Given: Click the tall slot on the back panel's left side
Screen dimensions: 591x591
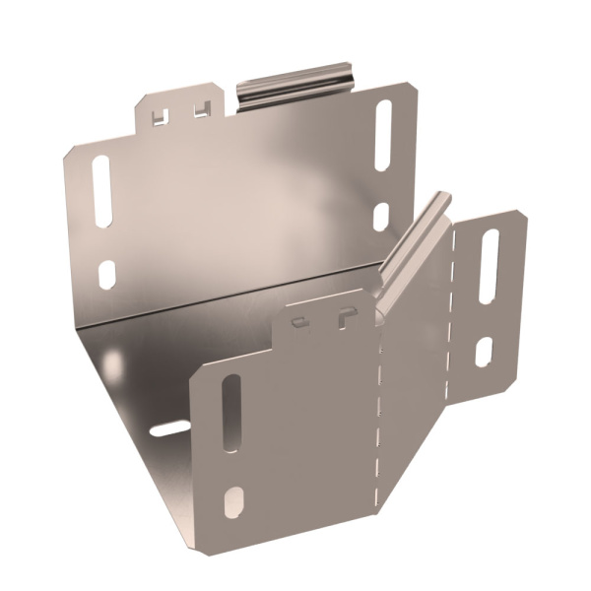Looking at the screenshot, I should point(102,191).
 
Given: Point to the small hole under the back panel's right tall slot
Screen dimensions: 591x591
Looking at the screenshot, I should point(381,217).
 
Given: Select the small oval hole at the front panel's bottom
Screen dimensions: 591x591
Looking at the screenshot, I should point(233,502).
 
